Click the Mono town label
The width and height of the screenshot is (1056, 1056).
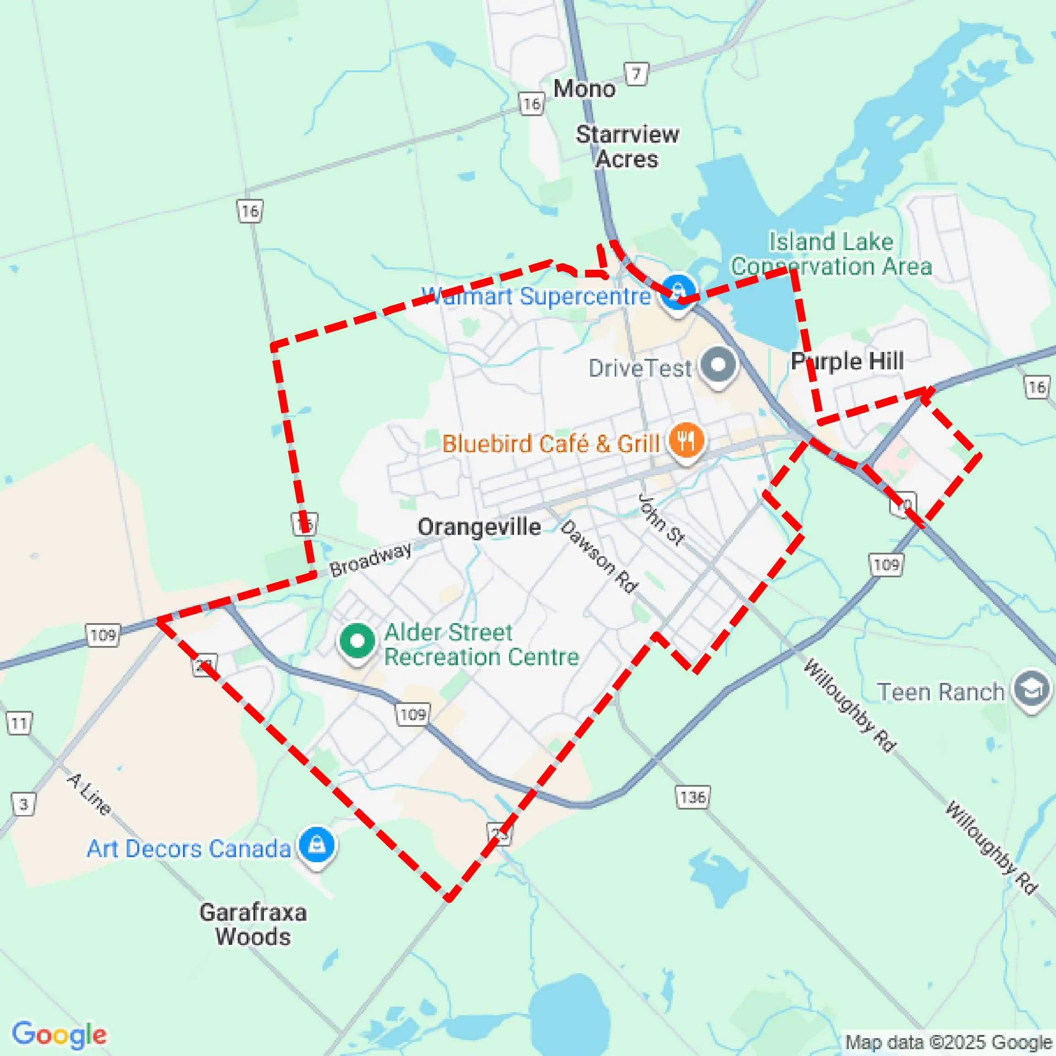coord(584,89)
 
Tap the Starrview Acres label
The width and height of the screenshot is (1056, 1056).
coord(627,146)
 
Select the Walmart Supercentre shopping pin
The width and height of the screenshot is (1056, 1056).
coord(678,292)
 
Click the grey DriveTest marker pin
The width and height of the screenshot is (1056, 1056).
coord(718,365)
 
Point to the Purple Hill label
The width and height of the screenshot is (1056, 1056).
coord(847,361)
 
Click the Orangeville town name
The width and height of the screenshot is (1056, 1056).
coord(479,527)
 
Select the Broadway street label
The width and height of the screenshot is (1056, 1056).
coord(371,559)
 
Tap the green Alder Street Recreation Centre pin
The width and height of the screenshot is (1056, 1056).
coord(357,641)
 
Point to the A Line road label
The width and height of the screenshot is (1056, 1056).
coord(89,794)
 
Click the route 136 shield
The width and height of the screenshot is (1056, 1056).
coord(693,797)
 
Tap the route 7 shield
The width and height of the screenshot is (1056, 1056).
coord(636,74)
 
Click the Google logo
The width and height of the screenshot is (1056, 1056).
coord(59,1034)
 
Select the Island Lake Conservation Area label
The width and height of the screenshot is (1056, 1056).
coord(831,254)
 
